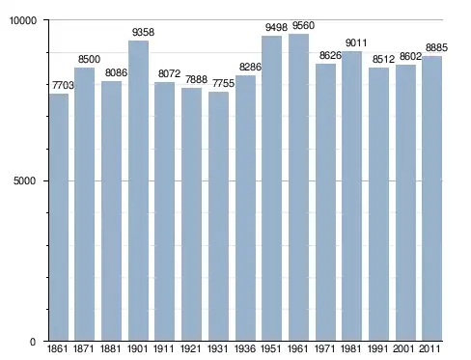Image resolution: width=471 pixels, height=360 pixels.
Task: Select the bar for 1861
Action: (59, 217)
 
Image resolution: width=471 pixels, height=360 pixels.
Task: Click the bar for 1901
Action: (138, 190)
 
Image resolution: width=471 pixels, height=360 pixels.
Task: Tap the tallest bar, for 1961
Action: (298, 187)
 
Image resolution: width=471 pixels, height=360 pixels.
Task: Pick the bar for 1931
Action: (218, 216)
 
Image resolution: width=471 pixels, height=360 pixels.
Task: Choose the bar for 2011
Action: (432, 198)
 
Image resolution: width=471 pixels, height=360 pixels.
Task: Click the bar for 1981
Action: (351, 196)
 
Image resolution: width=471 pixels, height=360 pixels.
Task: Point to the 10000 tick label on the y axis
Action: (23, 20)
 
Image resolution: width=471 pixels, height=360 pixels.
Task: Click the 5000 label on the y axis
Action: (24, 180)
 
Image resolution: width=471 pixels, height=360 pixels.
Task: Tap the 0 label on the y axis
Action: (33, 342)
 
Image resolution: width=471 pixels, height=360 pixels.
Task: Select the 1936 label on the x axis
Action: (245, 348)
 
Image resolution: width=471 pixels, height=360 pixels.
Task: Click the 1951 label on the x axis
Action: (271, 348)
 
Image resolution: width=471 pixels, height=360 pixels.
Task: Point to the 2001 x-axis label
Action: (403, 348)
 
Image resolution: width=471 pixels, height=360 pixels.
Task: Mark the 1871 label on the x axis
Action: (83, 348)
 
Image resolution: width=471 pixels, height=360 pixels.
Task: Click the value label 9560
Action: (303, 25)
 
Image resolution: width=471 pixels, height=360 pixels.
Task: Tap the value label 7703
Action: (63, 85)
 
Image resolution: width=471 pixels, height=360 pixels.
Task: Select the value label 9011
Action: (356, 42)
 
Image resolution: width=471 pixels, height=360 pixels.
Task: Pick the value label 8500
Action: (89, 59)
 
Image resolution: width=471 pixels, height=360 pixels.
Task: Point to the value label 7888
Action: (196, 79)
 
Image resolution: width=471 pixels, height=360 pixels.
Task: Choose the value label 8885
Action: (436, 47)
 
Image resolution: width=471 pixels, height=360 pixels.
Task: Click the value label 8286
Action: (250, 67)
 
